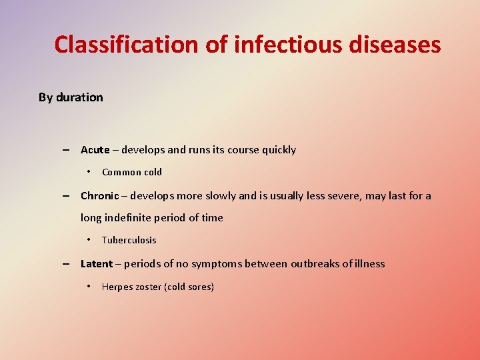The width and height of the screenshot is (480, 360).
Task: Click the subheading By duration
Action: click(71, 97)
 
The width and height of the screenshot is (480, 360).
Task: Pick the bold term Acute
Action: click(95, 150)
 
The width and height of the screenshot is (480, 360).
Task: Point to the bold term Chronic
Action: click(99, 196)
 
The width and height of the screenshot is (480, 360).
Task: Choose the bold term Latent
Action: click(96, 264)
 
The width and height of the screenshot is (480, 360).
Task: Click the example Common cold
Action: click(132, 172)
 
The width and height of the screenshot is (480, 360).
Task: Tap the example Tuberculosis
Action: click(129, 240)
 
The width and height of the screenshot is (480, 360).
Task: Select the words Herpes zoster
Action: click(131, 287)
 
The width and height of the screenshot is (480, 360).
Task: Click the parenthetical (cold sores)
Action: click(189, 287)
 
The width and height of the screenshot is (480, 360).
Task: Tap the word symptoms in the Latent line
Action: click(216, 264)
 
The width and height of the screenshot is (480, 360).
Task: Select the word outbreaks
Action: click(304, 264)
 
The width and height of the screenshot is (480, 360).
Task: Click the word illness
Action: click(368, 264)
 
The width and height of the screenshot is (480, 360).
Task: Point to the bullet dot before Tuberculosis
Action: click(89, 240)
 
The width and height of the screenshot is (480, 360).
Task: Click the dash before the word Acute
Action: click(67, 150)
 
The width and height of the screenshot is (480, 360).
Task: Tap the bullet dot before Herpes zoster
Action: click(89, 287)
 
